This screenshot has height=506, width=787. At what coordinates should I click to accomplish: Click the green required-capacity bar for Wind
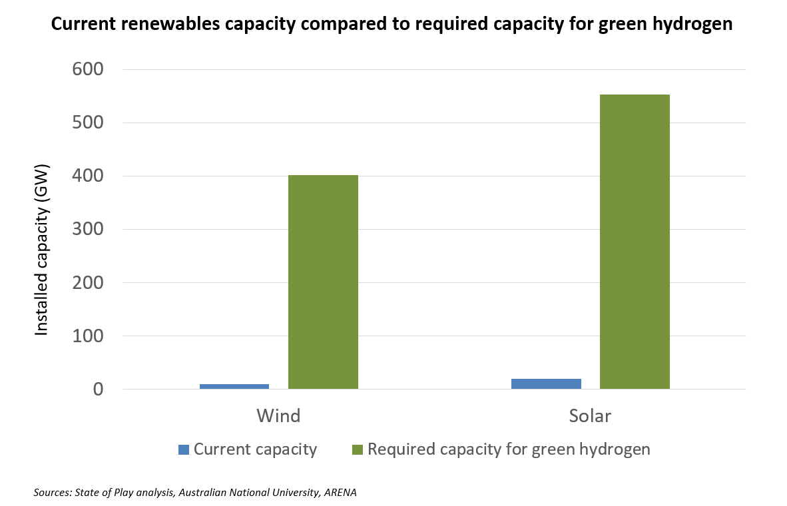[x=323, y=282]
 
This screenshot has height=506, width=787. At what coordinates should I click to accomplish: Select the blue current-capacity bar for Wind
[x=234, y=386]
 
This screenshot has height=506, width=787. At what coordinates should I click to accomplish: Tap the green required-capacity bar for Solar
[x=635, y=242]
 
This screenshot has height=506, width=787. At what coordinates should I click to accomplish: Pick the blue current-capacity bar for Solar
[x=546, y=383]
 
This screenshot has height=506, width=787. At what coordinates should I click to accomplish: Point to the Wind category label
[x=278, y=416]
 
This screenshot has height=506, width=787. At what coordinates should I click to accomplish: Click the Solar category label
[x=590, y=416]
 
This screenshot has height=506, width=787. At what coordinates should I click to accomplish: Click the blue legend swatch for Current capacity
[x=184, y=449]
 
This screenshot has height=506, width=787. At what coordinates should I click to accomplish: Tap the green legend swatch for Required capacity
[x=358, y=449]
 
